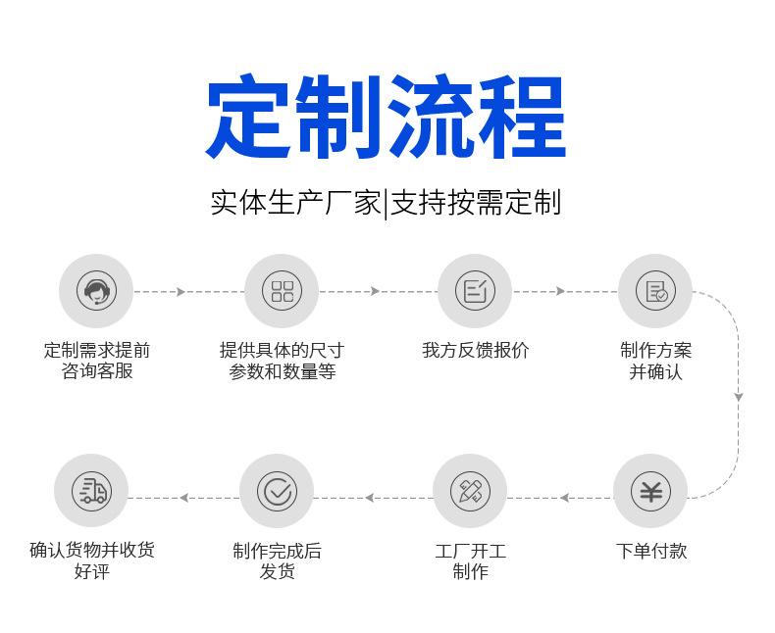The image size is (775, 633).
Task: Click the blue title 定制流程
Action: (386, 117)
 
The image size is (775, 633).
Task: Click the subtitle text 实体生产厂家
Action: (295, 203)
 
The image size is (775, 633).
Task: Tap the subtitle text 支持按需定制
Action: (476, 203)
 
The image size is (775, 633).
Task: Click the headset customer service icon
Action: (96, 291)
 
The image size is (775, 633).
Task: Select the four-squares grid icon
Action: (282, 291)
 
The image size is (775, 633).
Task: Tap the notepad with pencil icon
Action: (475, 291)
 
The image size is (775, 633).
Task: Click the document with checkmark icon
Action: (655, 291)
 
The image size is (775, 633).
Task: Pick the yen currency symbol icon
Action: (651, 491)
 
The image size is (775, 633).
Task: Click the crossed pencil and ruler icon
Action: (470, 491)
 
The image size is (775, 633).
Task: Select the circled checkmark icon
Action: (277, 491)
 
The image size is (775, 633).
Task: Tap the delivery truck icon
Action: (92, 491)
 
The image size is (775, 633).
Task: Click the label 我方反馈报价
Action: (475, 351)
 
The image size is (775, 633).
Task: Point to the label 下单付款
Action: (651, 551)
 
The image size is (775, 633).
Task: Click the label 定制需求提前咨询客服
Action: (97, 361)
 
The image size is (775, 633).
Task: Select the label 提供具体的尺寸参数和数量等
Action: (282, 361)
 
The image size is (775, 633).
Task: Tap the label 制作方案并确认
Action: (655, 361)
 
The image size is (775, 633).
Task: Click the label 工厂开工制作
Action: (470, 561)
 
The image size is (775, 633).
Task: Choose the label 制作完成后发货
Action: (277, 561)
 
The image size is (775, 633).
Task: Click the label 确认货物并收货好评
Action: (92, 560)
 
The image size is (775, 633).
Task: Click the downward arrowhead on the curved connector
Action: (739, 397)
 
